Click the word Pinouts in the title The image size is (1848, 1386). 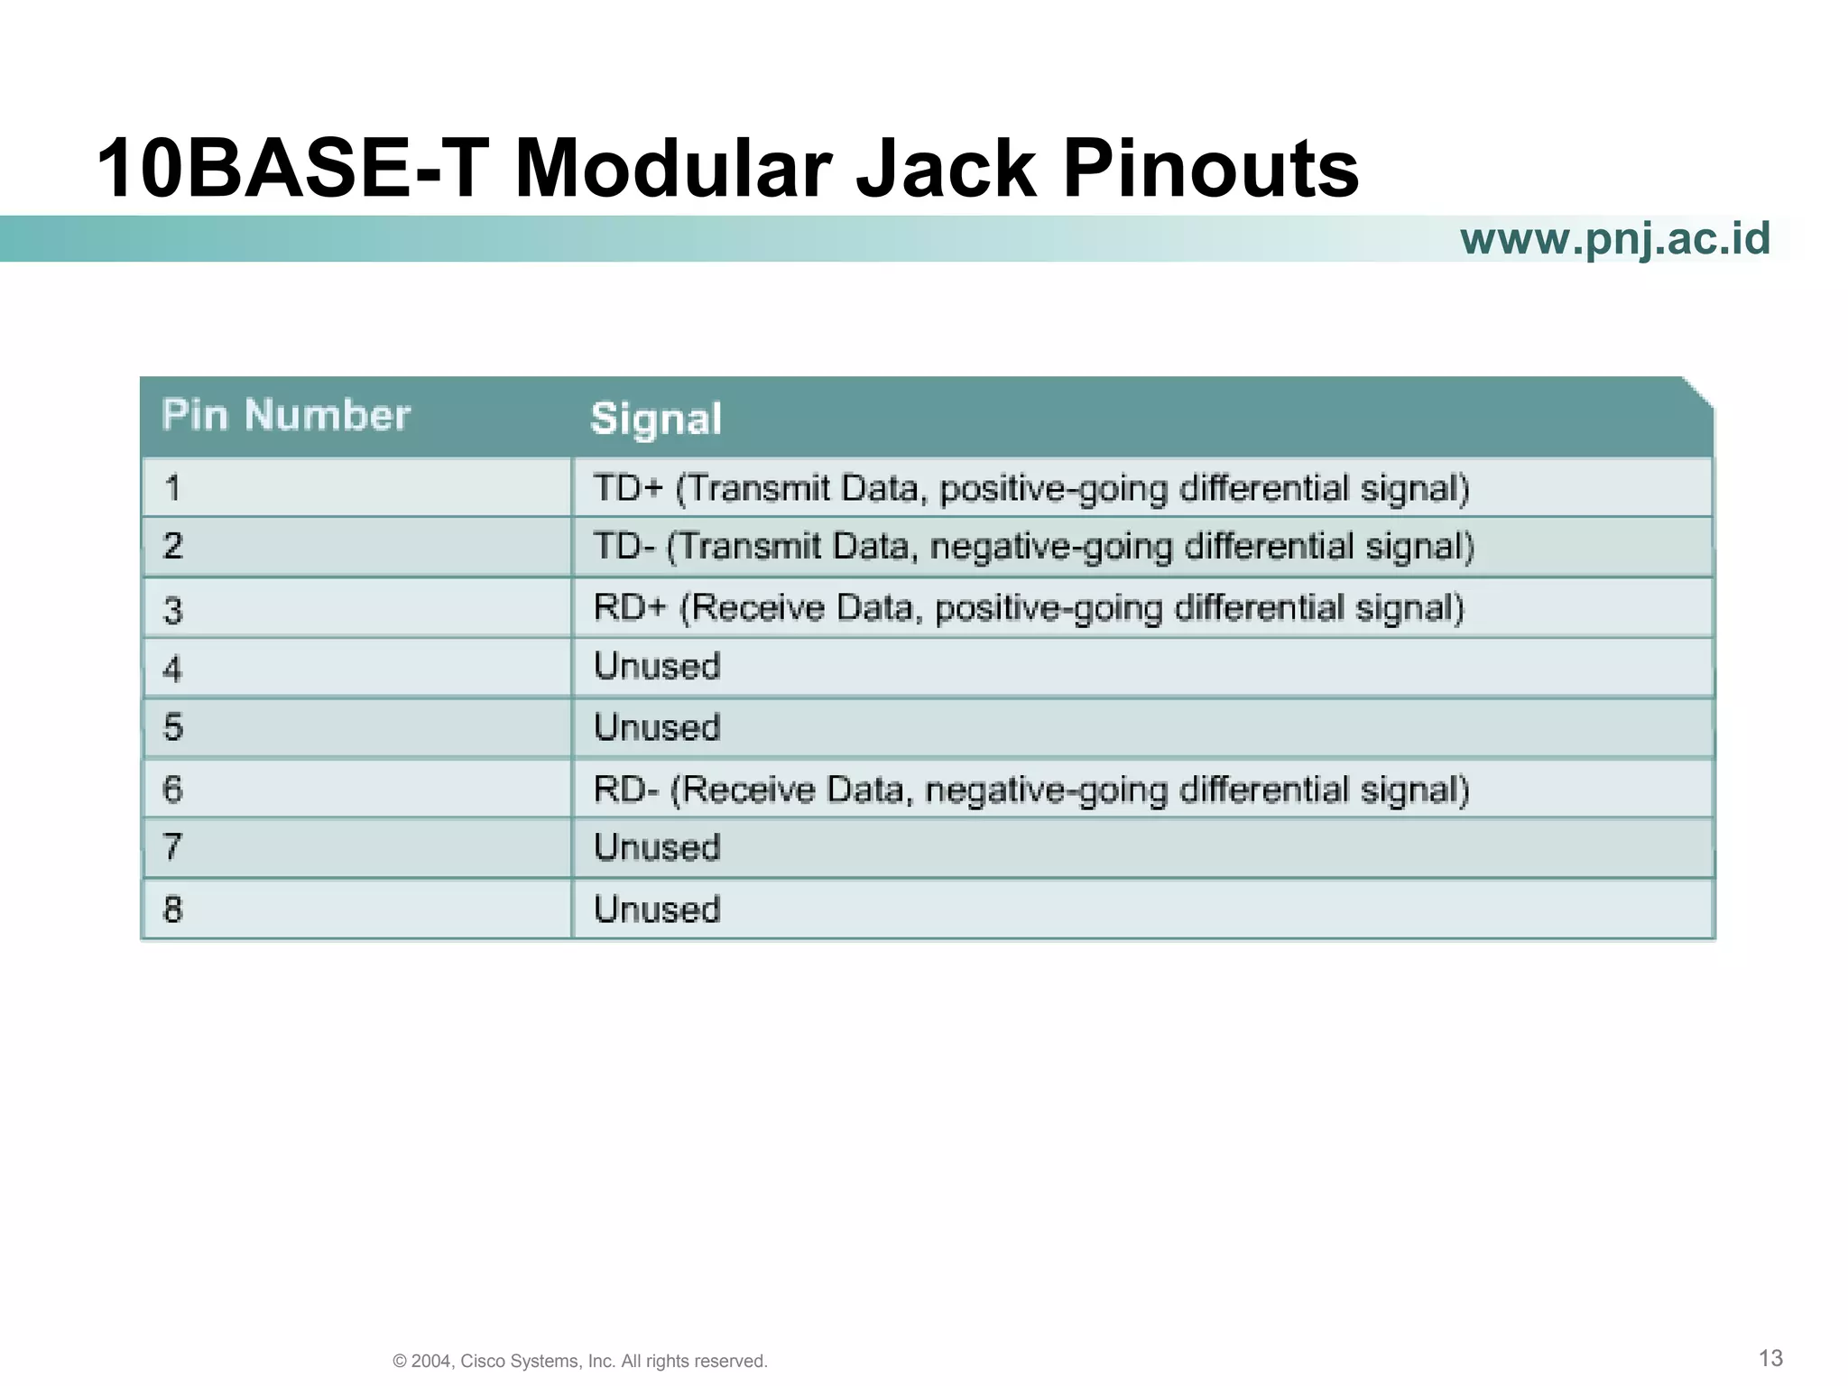[x=1210, y=169]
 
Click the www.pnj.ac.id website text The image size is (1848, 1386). [x=1614, y=239]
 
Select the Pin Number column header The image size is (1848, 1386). [x=286, y=416]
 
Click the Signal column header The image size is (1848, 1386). [x=656, y=420]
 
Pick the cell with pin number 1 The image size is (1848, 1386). [x=172, y=489]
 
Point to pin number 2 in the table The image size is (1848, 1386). [x=172, y=546]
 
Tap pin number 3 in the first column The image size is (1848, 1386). [x=172, y=611]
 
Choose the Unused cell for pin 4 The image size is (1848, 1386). [x=657, y=667]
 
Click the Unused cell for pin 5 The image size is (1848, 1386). [x=657, y=727]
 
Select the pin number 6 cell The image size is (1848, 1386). [x=172, y=790]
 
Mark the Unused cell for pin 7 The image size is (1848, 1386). [x=657, y=847]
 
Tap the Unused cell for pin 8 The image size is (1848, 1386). [x=657, y=909]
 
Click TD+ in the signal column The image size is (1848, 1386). [x=628, y=488]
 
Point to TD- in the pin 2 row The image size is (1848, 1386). [x=624, y=547]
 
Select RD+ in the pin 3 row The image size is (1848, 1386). [x=630, y=607]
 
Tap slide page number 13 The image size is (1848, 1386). [x=1770, y=1358]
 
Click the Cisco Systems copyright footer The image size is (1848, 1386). [x=580, y=1361]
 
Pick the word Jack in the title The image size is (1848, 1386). [x=945, y=169]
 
